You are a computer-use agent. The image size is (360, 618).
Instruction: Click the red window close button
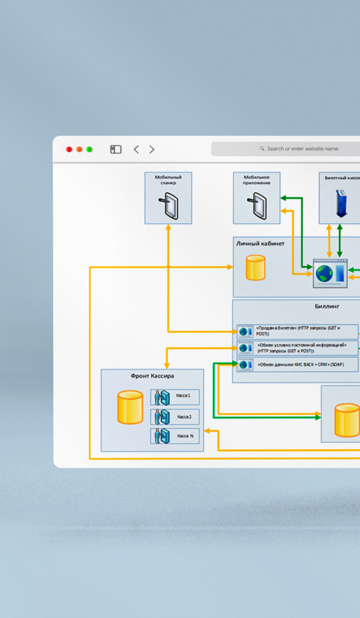[69, 149]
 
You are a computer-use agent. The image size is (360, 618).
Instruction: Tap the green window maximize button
[89, 149]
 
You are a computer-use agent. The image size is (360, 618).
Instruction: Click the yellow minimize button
[79, 149]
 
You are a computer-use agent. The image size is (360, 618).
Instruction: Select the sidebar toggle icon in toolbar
[116, 149]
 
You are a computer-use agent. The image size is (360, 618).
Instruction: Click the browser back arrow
[136, 149]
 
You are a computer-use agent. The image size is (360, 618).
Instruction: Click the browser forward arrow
[152, 149]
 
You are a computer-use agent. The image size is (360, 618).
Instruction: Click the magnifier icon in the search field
[262, 149]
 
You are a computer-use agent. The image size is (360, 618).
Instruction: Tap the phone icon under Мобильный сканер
[169, 206]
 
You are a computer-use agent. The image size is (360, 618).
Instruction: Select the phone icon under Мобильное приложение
[257, 206]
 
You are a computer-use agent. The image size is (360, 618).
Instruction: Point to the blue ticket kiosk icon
[341, 203]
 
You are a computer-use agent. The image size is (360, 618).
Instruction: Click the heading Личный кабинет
[260, 244]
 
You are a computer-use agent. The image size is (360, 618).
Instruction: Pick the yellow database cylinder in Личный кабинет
[255, 268]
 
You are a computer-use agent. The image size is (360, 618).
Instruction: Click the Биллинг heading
[327, 306]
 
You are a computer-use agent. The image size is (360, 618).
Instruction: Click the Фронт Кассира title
[152, 376]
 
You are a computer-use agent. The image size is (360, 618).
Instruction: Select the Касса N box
[175, 436]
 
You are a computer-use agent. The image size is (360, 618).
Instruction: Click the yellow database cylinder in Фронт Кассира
[130, 407]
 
